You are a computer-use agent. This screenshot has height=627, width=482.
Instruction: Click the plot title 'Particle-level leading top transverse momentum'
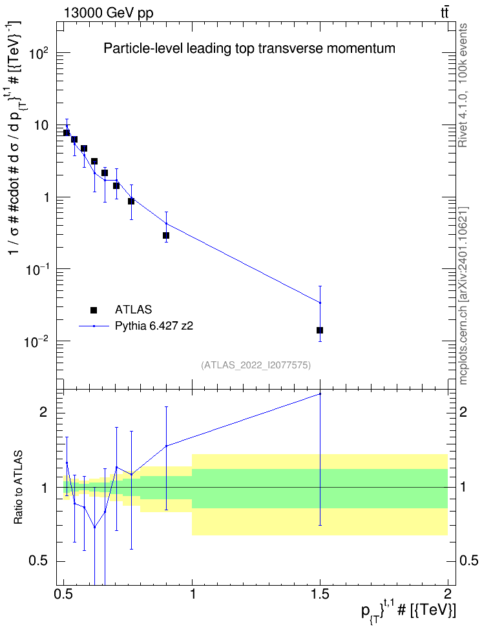point(249,48)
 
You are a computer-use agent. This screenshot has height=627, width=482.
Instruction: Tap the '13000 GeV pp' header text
point(108,13)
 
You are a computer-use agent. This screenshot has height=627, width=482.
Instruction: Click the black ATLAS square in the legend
point(93,310)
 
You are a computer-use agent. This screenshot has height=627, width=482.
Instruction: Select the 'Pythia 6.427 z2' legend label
point(154,326)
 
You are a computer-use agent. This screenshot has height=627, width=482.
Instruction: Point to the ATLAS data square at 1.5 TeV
point(320,330)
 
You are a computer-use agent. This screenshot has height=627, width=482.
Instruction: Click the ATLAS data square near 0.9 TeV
point(166,235)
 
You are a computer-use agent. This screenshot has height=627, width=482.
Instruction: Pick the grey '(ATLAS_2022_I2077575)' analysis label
point(256,365)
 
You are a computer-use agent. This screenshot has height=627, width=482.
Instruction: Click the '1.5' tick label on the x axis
point(320,593)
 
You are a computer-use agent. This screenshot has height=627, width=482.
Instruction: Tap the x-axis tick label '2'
point(448,593)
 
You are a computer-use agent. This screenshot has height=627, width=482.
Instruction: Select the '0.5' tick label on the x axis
point(64,593)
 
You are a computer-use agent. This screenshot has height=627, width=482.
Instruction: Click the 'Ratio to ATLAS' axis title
point(18,488)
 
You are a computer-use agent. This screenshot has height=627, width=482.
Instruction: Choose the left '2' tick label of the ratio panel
point(43,412)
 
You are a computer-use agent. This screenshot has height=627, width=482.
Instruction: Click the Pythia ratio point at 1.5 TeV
point(320,394)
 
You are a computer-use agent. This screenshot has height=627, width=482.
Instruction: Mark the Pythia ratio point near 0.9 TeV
point(166,446)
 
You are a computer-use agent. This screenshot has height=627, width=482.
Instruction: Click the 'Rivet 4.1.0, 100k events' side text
point(463,85)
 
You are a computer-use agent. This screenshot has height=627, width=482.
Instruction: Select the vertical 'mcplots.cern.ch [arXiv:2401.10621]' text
point(463,295)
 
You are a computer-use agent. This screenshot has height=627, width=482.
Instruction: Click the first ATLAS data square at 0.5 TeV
point(67,133)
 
